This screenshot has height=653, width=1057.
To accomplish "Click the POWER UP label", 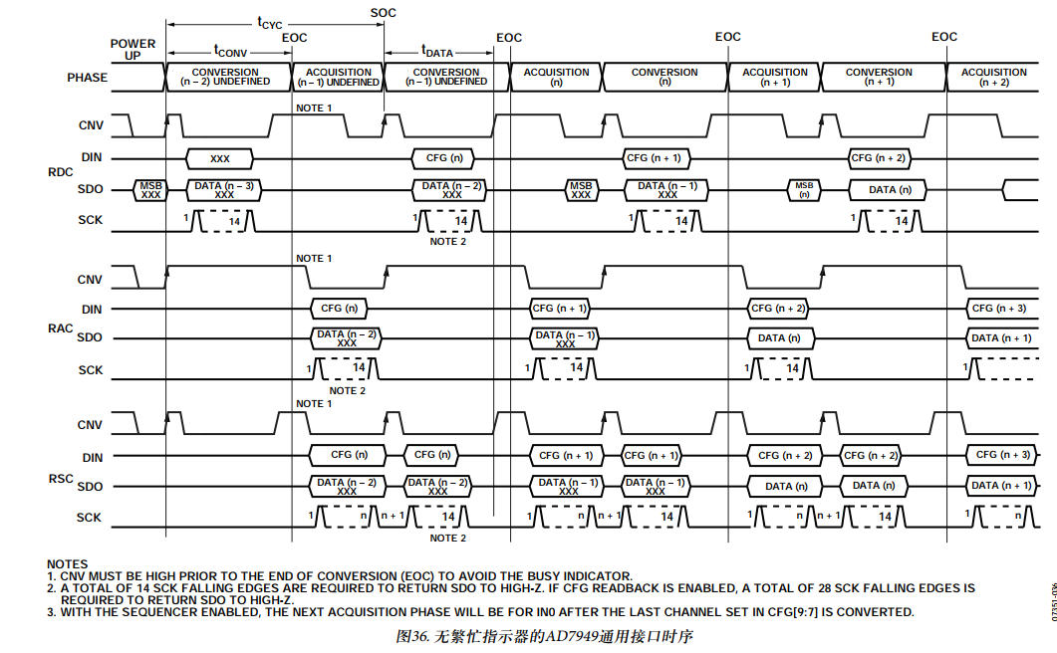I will pos(132,49).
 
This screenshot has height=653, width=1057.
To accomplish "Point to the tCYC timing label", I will pos(270,22).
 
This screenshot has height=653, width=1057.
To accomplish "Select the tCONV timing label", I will pos(230,50).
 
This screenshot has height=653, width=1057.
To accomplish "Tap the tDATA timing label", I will pos(437,50).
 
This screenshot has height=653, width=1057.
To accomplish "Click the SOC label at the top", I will pos(384,11).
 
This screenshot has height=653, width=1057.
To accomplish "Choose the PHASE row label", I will pos(87,78).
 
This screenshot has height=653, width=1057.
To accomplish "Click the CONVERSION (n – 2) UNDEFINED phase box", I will pos(226,78).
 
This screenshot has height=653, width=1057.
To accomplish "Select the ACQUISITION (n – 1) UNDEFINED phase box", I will pos(338,78).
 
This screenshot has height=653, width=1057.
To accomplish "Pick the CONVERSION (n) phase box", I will pos(664,78).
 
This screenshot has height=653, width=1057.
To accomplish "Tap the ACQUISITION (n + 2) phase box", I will pos(993,78).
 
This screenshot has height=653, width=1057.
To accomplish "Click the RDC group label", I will pos(61,171).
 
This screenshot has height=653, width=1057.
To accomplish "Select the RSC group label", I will pos(61,479).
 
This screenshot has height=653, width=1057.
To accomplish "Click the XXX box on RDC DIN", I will pos(220,158).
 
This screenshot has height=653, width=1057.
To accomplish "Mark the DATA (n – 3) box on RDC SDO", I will pos(223,189).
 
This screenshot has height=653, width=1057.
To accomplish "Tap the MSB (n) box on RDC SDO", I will pos(804,189).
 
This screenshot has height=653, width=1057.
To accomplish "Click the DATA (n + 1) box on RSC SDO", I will pos(1003,486).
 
